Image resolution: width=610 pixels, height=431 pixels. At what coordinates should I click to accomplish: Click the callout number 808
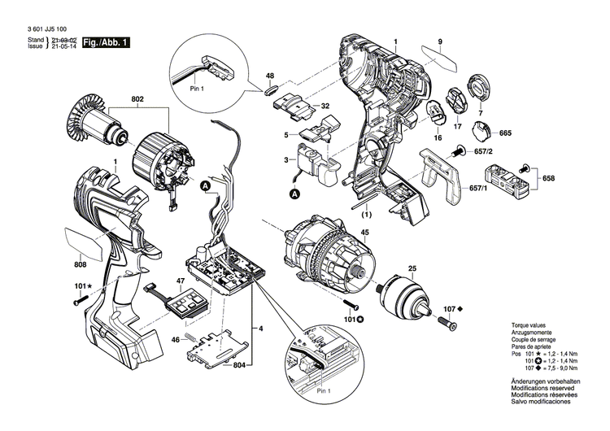coord(81,263)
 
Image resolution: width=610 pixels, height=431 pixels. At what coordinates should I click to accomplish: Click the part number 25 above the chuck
coord(412,268)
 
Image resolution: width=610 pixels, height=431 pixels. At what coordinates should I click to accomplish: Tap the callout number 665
coord(505,133)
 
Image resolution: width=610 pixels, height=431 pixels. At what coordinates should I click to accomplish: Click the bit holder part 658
coord(506,176)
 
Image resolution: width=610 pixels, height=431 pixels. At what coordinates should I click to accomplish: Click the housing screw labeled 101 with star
coord(79,302)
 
